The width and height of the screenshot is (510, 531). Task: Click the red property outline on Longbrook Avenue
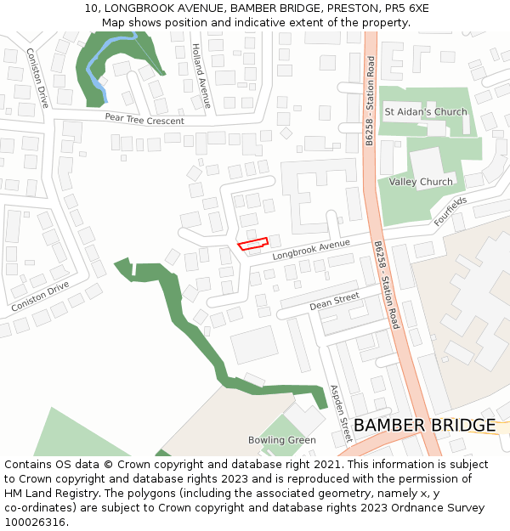[252, 245]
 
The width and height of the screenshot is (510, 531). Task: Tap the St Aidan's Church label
[426, 112]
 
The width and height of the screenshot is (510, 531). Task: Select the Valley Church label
[421, 182]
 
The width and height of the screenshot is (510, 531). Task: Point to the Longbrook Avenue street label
[311, 250]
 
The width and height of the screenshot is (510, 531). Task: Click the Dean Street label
[334, 301]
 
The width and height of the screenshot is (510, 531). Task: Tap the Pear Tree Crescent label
[144, 120]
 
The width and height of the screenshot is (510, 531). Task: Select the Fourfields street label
[450, 211]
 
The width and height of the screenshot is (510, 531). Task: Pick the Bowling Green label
[282, 440]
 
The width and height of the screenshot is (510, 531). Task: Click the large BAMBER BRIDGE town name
[424, 425]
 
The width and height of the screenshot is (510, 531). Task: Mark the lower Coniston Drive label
[40, 296]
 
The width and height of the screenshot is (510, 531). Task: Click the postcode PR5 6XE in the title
[405, 8]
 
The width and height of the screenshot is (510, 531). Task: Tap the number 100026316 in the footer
[37, 522]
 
